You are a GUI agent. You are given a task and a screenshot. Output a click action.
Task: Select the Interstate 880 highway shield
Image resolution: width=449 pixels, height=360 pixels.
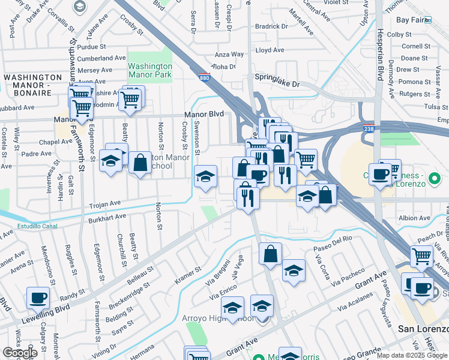point(205,77)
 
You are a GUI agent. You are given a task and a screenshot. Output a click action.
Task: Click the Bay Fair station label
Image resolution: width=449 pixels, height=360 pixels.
point(410,19)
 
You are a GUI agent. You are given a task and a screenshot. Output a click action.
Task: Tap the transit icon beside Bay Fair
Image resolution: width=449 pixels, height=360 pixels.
point(428,19)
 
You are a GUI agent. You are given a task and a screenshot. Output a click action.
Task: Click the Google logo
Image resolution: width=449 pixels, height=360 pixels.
point(20,353)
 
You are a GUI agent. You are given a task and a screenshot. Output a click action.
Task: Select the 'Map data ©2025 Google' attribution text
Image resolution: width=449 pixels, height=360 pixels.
point(412,355)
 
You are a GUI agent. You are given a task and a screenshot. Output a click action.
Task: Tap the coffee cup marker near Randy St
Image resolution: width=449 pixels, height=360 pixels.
point(38,298)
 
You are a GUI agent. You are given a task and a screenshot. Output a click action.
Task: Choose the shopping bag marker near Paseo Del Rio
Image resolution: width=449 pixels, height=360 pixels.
point(271,254)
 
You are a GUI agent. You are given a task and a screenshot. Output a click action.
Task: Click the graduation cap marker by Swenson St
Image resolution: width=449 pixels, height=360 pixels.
point(205,177)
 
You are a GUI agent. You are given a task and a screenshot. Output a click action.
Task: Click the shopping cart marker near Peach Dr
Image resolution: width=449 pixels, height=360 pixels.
point(422,257)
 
